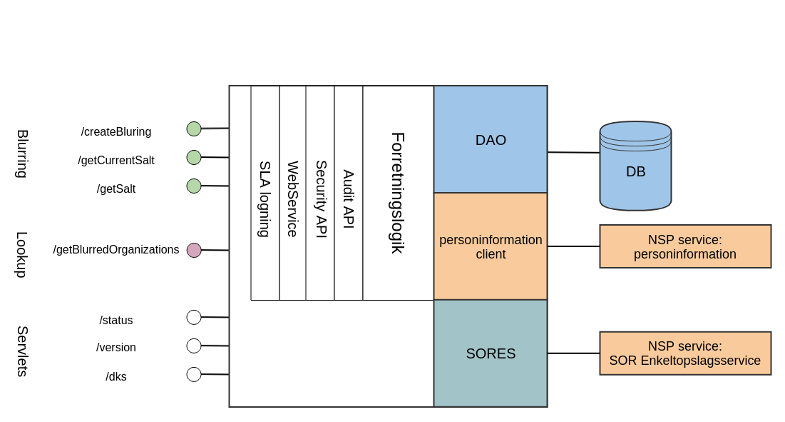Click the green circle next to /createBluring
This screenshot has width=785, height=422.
click(x=194, y=129)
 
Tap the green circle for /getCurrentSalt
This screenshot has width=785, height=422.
click(x=194, y=157)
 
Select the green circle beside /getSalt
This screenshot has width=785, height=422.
click(x=194, y=186)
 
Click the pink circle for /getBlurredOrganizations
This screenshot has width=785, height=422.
click(x=194, y=250)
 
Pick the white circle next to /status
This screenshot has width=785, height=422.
click(x=194, y=317)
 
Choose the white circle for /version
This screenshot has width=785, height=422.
click(x=194, y=346)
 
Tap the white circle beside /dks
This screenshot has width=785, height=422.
click(x=194, y=374)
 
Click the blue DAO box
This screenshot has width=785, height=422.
click(x=491, y=140)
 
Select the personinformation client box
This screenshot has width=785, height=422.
click(x=491, y=246)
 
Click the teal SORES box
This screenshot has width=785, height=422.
click(x=491, y=353)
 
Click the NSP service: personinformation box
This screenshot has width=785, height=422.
click(x=684, y=246)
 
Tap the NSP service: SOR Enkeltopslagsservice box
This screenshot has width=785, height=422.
click(x=684, y=353)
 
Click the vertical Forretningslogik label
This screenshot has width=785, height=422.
click(x=397, y=193)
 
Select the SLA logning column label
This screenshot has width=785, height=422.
click(x=264, y=199)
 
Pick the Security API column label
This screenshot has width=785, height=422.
click(x=321, y=199)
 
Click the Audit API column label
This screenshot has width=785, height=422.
click(x=348, y=199)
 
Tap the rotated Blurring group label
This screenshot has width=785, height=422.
click(x=22, y=154)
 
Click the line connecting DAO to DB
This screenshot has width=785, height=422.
click(x=573, y=152)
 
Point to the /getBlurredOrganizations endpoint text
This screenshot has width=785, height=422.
click(x=116, y=250)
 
